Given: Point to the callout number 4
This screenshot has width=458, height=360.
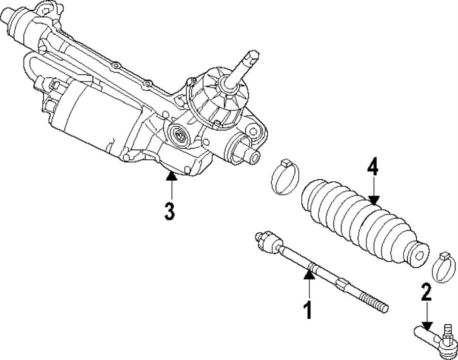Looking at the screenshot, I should click(x=373, y=167).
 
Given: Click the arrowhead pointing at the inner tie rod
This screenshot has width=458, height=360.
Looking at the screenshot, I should click(x=308, y=275).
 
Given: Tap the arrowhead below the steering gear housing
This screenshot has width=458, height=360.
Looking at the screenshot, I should click(x=171, y=176).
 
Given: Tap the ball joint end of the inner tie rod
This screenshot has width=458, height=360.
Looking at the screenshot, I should click(x=268, y=241).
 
